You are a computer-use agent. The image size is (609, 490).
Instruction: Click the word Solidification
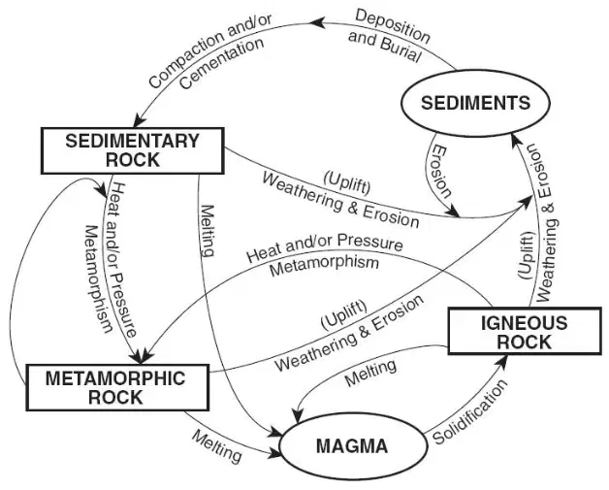tap(469, 412)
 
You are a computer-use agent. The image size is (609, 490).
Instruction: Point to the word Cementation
tap(222, 62)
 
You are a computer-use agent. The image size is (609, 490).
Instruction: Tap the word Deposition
tap(393, 25)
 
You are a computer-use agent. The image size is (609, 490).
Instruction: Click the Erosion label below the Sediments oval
tap(442, 172)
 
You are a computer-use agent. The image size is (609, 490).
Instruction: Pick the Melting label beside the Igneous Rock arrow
tap(370, 373)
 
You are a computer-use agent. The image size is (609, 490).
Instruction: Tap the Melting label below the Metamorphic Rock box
tap(216, 447)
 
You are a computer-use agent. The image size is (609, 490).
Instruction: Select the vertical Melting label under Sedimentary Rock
tap(207, 231)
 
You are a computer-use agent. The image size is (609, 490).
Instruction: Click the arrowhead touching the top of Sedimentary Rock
tap(139, 120)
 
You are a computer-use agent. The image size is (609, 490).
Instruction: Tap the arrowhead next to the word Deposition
tap(316, 23)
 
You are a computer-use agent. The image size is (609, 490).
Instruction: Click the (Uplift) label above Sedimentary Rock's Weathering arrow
tap(347, 181)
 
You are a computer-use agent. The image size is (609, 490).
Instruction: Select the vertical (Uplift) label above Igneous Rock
tap(527, 255)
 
